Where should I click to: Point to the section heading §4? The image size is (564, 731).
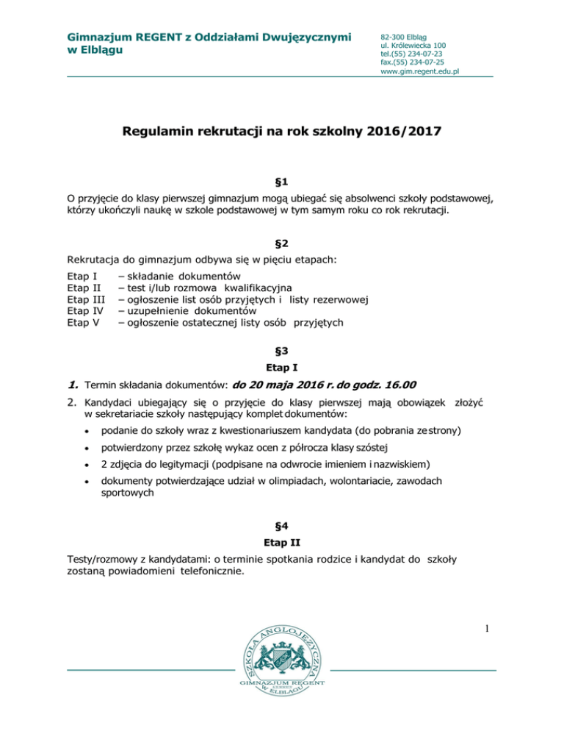[281, 528]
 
